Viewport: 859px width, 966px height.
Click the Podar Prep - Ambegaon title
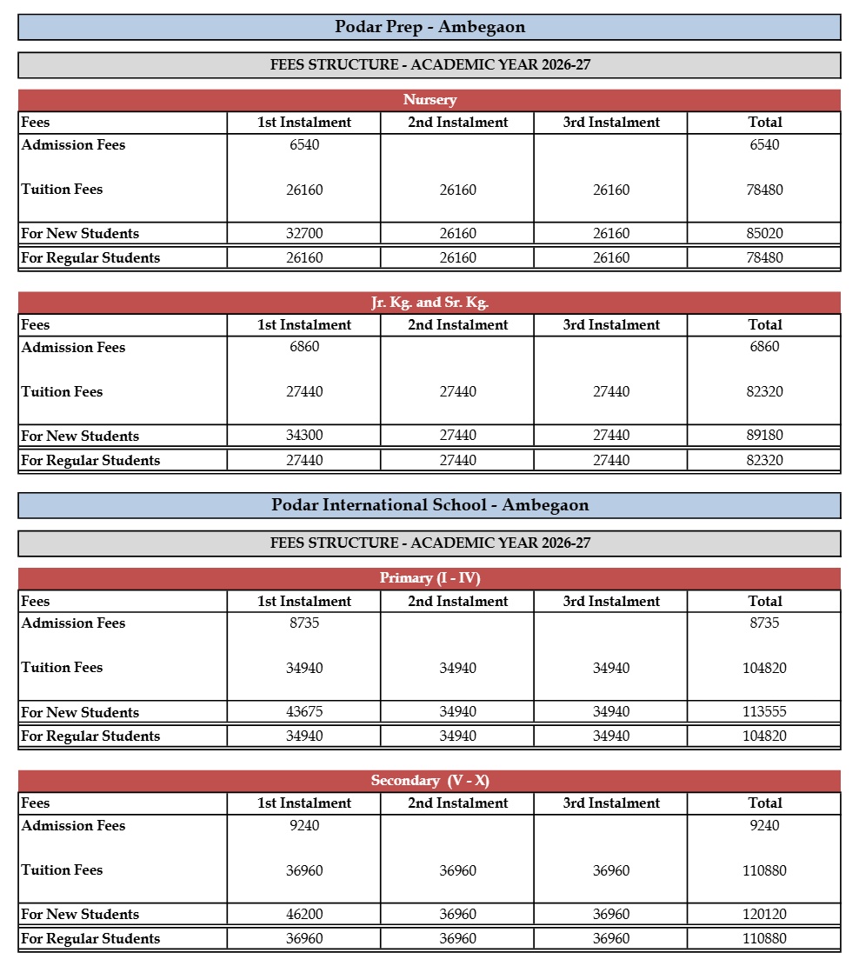[x=429, y=27]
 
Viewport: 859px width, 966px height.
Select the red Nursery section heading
[x=429, y=100]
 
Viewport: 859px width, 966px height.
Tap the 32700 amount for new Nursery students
[x=304, y=234]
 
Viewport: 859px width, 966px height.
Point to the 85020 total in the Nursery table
[x=764, y=234]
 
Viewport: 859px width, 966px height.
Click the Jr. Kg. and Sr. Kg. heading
[x=429, y=303]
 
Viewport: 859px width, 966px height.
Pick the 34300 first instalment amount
[x=304, y=436]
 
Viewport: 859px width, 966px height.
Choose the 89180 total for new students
[x=764, y=436]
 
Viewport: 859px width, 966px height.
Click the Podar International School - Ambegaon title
[x=429, y=505]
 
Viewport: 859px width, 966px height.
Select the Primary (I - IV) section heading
[x=429, y=578]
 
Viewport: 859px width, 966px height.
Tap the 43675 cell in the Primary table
[x=304, y=712]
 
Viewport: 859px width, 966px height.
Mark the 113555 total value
[x=764, y=712]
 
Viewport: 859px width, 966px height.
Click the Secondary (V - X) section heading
[x=429, y=781]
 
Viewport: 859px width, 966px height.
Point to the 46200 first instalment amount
[x=304, y=914]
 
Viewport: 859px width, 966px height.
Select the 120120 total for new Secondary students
[x=764, y=914]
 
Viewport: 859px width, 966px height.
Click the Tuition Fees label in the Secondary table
[x=62, y=869]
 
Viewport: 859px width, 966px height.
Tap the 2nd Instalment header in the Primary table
[x=457, y=601]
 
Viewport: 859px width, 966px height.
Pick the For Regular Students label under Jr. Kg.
[x=90, y=460]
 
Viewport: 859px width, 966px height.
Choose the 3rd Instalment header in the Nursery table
[x=611, y=123]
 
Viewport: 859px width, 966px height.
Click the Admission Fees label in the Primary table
[x=73, y=623]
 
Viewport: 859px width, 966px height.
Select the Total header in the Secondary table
[x=764, y=803]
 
